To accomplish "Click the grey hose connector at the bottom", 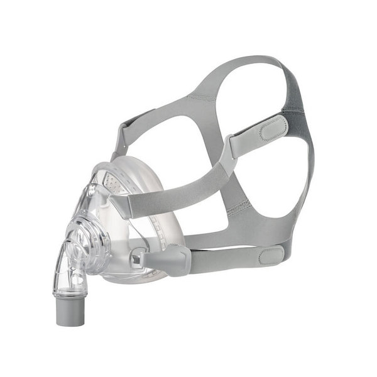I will [x=67, y=313].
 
